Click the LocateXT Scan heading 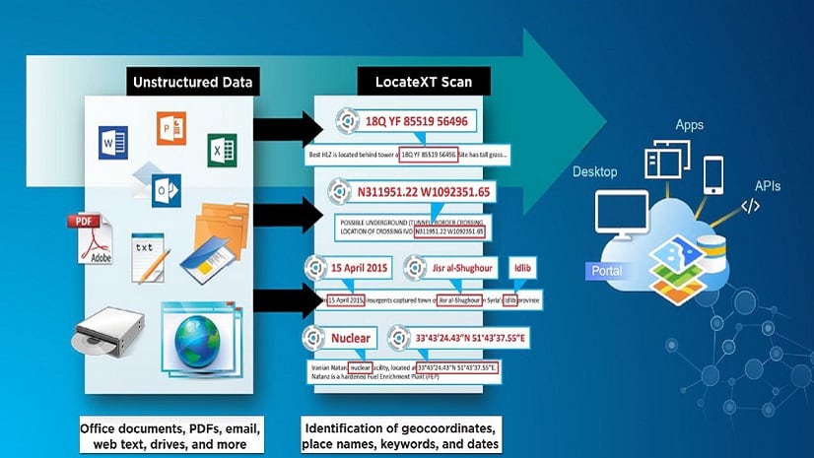tap(404, 82)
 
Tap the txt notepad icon tap(145, 247)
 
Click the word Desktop tap(595, 172)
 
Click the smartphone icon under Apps tap(712, 173)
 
